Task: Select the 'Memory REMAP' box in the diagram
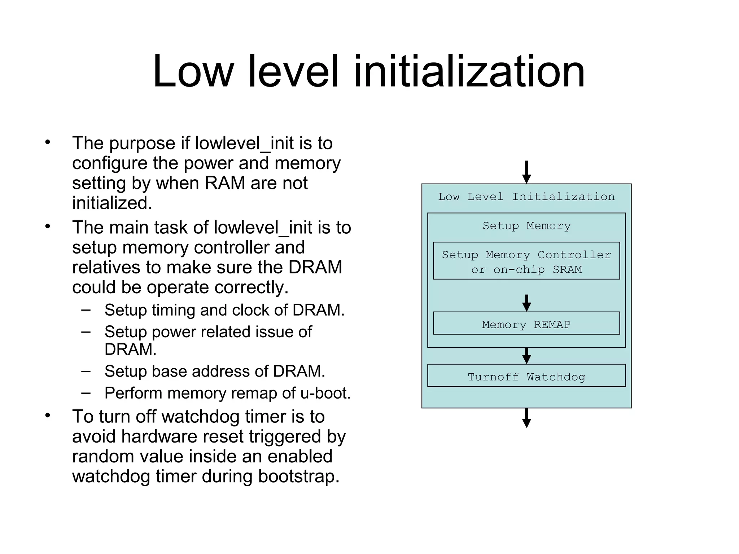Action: pyautogui.click(x=526, y=324)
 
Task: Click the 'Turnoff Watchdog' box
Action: pyautogui.click(x=526, y=376)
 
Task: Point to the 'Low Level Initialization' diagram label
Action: pyautogui.click(x=526, y=197)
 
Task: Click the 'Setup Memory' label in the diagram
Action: pyautogui.click(x=526, y=226)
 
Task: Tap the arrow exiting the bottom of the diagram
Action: pyautogui.click(x=526, y=418)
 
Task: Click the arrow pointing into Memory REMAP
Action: pyautogui.click(x=526, y=303)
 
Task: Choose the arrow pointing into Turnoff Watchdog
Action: pyautogui.click(x=526, y=356)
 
